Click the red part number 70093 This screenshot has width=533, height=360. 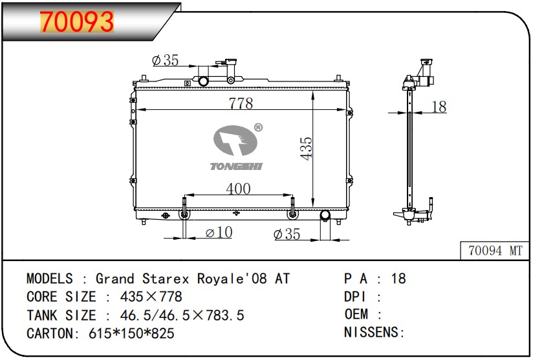tap(77, 22)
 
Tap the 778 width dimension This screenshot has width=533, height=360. tap(241, 103)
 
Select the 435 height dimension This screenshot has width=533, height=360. tap(306, 149)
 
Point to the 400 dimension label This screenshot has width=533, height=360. tap(238, 189)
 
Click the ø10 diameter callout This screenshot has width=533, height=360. tap(219, 232)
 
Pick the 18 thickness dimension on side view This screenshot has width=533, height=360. tap(439, 107)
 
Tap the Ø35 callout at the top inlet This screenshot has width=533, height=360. tap(165, 61)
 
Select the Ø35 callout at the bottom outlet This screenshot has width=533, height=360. tap(287, 234)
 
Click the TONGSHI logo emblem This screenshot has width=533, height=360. tap(235, 140)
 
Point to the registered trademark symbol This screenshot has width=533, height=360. tap(258, 127)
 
